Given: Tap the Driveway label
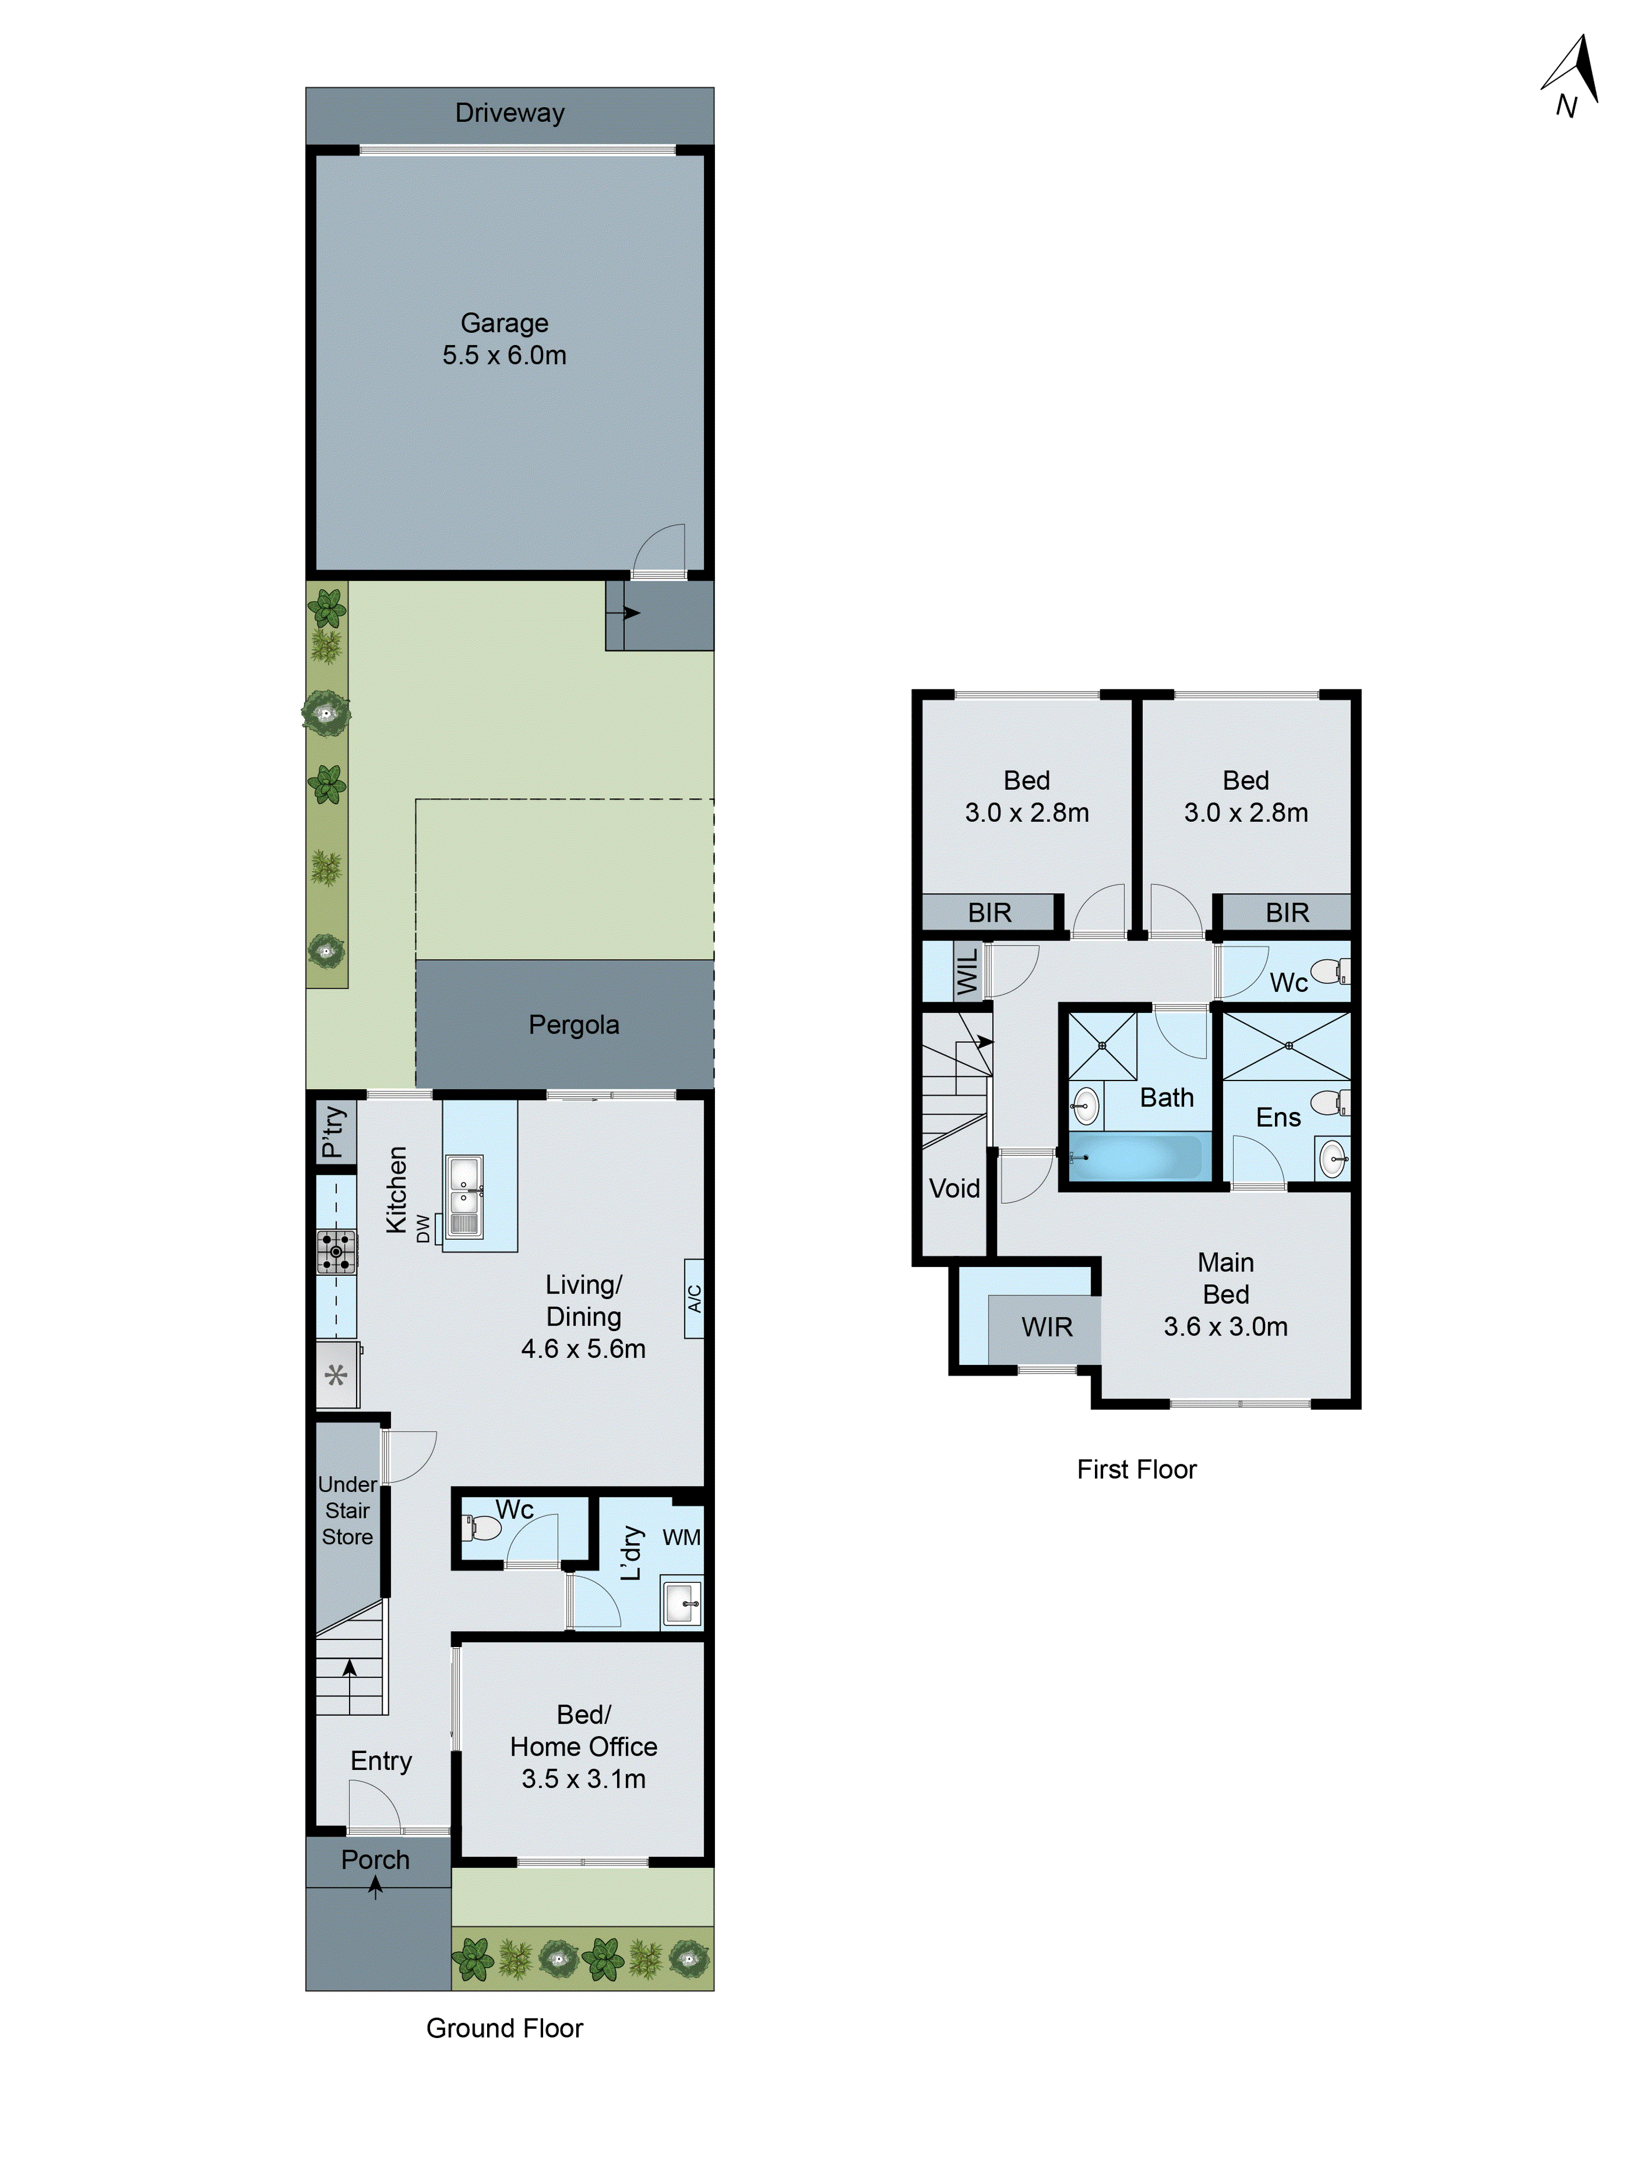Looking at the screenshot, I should tap(509, 113).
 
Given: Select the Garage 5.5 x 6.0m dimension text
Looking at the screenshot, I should tap(505, 355).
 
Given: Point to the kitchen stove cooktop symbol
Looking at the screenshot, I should tap(336, 1252).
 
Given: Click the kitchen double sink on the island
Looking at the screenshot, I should tap(464, 1195).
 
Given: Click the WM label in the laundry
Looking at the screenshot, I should tap(681, 1537).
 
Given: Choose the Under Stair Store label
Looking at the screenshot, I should tap(347, 1511).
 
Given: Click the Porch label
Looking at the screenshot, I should tap(376, 1860).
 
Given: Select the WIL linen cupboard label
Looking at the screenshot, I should tap(967, 972).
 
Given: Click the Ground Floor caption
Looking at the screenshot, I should tap(505, 2028).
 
